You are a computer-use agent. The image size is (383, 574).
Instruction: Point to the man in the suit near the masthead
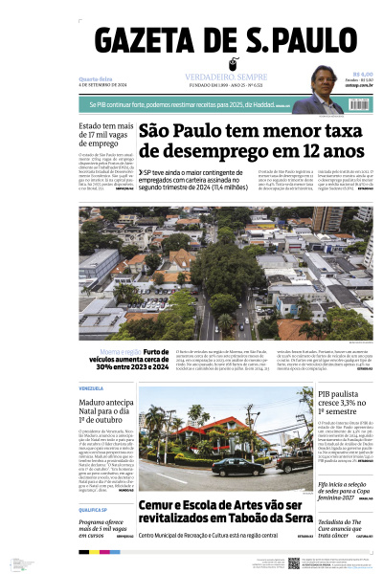[314, 92]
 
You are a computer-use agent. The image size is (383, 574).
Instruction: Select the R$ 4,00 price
[362, 73]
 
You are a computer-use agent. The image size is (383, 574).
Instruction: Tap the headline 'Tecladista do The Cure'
[345, 524]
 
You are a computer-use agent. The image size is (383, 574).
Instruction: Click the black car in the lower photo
[235, 466]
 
